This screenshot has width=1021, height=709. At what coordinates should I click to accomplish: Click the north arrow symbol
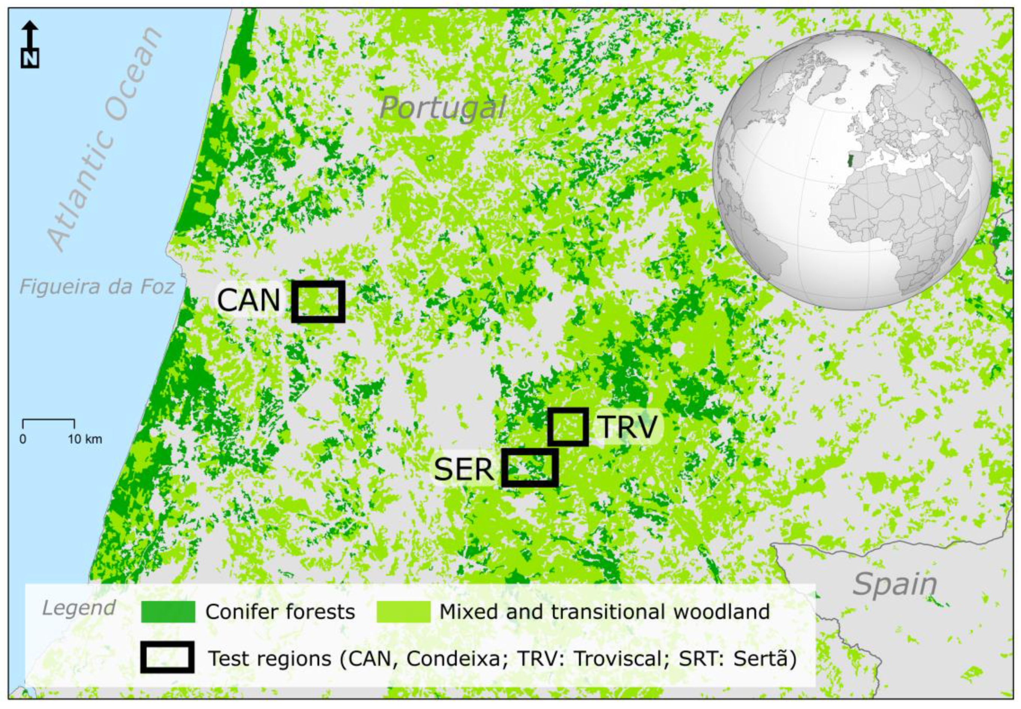[x=30, y=45]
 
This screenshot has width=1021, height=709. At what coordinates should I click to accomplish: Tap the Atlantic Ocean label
[x=104, y=138]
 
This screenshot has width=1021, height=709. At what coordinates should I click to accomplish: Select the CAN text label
[x=248, y=300]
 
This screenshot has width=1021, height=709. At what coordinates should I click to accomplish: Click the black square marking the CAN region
[x=318, y=301]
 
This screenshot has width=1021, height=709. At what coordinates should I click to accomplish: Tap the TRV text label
[x=627, y=427]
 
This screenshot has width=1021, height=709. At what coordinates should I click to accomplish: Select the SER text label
[x=464, y=469]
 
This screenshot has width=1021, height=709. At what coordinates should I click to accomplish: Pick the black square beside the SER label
[x=530, y=467]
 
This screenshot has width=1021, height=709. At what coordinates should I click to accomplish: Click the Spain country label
[x=894, y=585]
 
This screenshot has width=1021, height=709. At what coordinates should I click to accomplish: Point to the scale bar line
[x=48, y=420]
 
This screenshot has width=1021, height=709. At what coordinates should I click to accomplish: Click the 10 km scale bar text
[x=85, y=439]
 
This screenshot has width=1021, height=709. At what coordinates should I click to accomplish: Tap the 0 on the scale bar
[x=22, y=439]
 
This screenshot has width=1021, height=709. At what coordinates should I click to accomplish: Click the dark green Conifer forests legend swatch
[x=168, y=612]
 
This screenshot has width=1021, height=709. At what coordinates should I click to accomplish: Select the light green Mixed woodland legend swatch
[x=403, y=612]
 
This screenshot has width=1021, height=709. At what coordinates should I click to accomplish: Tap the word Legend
[x=79, y=608]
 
